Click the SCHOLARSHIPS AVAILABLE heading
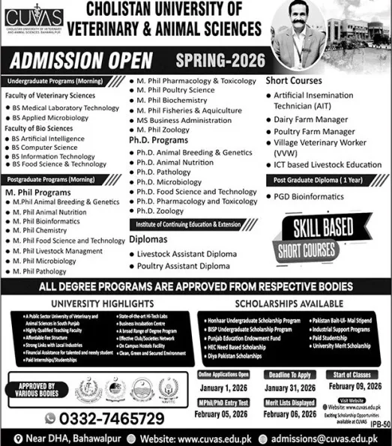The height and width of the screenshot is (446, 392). (283, 304)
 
